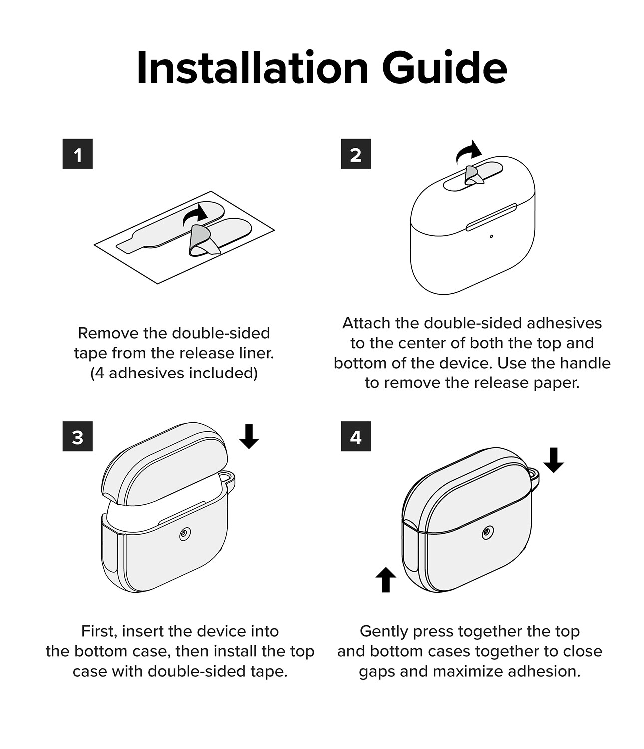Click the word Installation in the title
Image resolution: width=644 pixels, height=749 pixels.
point(253,68)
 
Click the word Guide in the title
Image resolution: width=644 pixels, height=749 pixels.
point(444,68)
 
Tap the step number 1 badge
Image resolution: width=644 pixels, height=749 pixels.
point(77,154)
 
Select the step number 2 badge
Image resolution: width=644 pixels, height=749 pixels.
point(355,154)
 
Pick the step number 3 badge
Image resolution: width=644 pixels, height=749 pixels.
point(77,436)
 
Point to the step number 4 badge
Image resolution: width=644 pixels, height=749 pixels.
point(355,436)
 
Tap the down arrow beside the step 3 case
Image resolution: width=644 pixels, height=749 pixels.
point(249,436)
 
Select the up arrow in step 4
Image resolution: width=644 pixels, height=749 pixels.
point(386,579)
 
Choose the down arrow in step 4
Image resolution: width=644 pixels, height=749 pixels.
point(554,460)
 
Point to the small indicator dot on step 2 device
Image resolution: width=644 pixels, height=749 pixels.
point(491,237)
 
